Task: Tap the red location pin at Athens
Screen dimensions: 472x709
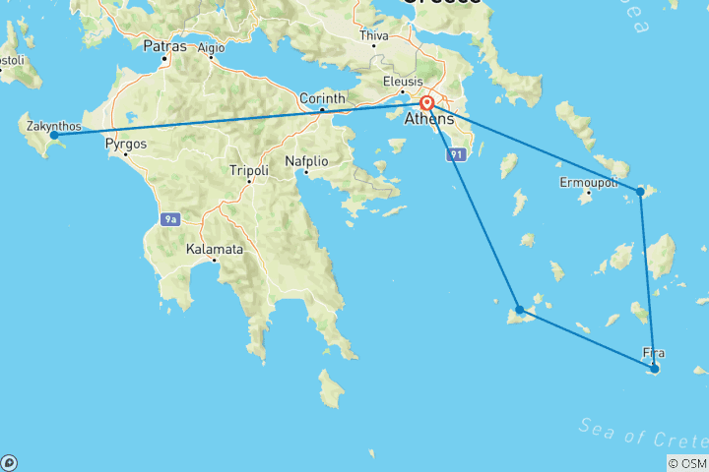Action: [427, 103]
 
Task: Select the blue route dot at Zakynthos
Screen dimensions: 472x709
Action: [54, 135]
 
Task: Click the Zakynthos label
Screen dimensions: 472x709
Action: [48, 125]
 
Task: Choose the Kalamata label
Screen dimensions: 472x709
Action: [214, 250]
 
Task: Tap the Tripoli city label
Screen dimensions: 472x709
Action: [248, 169]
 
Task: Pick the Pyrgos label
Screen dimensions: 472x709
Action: [125, 143]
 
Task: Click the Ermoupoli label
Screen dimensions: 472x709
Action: [588, 183]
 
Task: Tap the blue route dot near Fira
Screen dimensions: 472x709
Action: [654, 369]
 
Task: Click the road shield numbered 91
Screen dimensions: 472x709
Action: [456, 155]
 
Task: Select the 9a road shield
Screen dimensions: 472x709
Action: [171, 219]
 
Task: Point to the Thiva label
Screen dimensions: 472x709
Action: [374, 35]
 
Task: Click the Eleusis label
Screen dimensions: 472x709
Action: [404, 81]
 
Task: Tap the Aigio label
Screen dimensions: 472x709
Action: [211, 46]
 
